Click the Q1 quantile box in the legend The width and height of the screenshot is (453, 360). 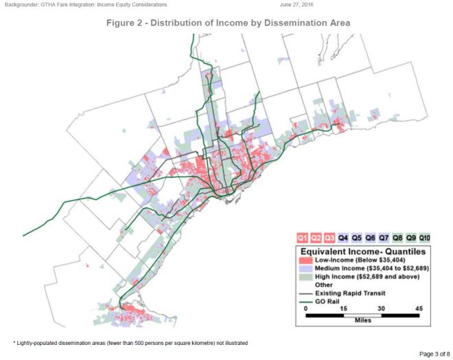(301, 237)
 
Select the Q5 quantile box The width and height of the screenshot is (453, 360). (357, 237)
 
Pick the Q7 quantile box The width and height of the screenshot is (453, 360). (384, 237)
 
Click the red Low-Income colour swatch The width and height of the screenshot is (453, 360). (306, 260)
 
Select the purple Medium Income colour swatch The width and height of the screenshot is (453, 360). (306, 269)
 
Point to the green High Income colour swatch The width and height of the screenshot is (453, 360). (306, 276)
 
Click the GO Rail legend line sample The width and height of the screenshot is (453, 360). (306, 300)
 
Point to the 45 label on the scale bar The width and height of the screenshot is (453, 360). (419, 308)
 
